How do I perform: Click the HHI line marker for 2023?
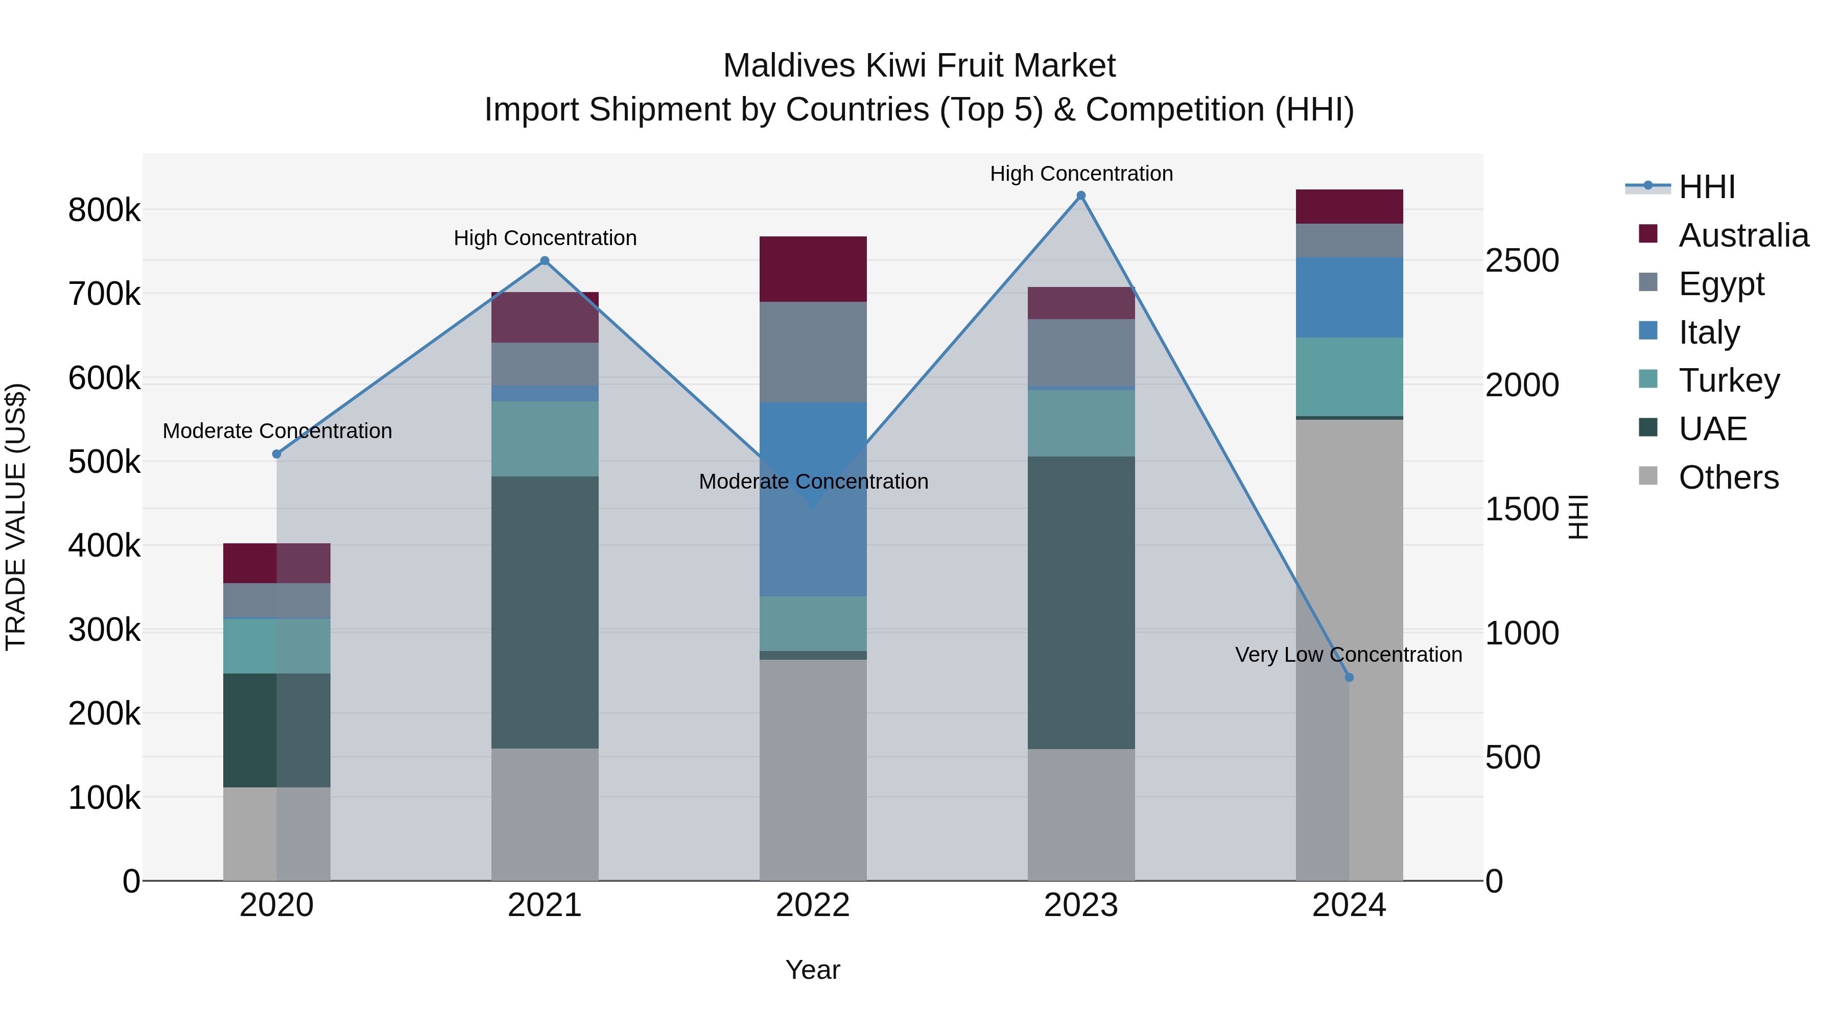pyautogui.click(x=1081, y=196)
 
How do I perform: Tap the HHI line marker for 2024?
pyautogui.click(x=1349, y=677)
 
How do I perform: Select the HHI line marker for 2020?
pyautogui.click(x=277, y=454)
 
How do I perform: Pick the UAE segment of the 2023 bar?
pyautogui.click(x=1081, y=603)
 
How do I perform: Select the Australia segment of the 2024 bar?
pyautogui.click(x=1349, y=206)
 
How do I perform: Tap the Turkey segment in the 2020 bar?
pyautogui.click(x=277, y=646)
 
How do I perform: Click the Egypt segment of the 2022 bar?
pyautogui.click(x=812, y=352)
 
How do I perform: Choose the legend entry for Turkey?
pyautogui.click(x=1728, y=380)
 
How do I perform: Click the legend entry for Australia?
pyautogui.click(x=1742, y=235)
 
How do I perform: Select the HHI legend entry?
pyautogui.click(x=1706, y=187)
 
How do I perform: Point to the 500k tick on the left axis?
pyautogui.click(x=104, y=462)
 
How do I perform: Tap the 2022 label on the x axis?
pyautogui.click(x=812, y=905)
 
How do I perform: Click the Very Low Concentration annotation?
pyautogui.click(x=1348, y=655)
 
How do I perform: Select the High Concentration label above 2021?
pyautogui.click(x=545, y=237)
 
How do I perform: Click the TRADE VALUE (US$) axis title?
pyautogui.click(x=16, y=517)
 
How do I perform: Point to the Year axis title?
pyautogui.click(x=812, y=970)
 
